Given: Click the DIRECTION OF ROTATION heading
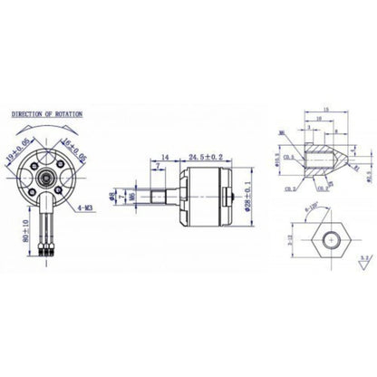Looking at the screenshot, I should pos(46,115).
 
